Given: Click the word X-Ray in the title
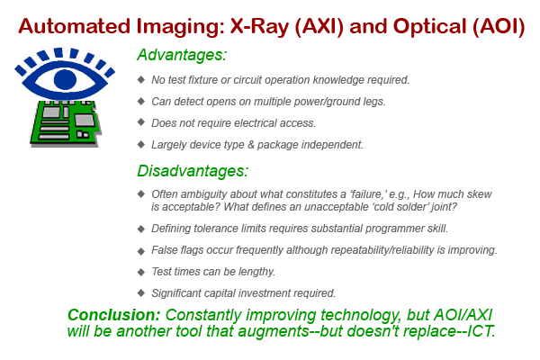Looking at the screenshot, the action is point(260,26).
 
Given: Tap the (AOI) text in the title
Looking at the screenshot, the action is point(499,26).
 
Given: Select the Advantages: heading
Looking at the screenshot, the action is point(182,55).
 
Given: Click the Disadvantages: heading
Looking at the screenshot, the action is point(193,170).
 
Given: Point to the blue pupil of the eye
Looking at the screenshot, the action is point(65,79).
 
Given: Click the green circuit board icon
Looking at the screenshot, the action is point(67,122).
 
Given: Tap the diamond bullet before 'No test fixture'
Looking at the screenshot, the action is point(141,79).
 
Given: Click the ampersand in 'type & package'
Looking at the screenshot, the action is point(251,145).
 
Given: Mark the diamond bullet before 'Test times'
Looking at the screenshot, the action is point(141,272).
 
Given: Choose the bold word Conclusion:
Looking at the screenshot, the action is point(114,315).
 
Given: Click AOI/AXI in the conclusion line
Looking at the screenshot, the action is point(463,314).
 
